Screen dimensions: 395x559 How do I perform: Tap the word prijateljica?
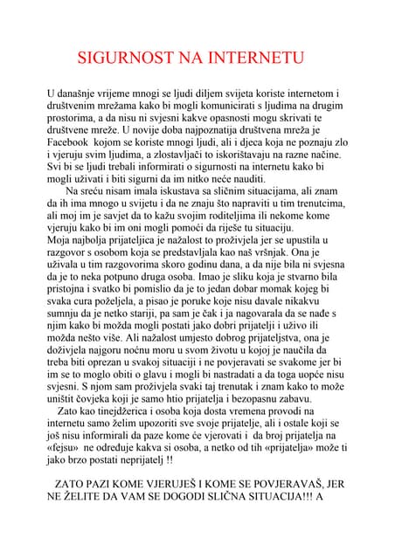pyautogui.click(x=146, y=250)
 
